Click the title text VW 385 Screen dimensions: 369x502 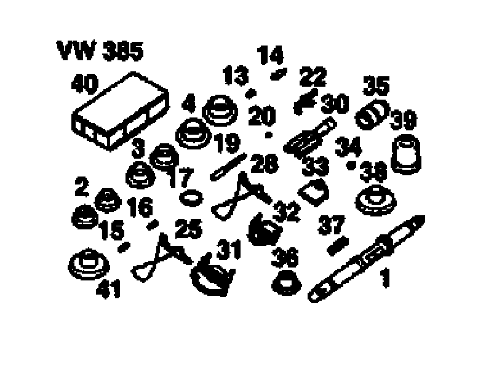point(100,51)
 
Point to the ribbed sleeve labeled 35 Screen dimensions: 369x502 point(372,114)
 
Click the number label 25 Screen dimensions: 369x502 point(188,229)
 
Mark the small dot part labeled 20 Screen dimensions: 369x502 point(268,133)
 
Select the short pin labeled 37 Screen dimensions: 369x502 point(336,247)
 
